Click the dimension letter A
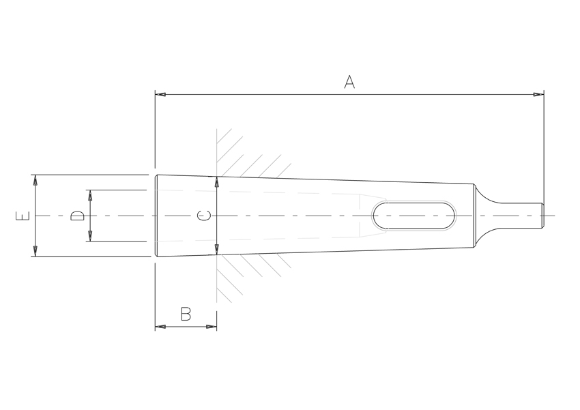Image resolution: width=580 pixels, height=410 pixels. (x=349, y=82)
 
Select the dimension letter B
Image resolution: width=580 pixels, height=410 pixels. (x=186, y=314)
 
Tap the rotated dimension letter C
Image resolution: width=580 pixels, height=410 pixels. (x=204, y=216)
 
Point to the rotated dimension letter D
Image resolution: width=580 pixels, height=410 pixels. (x=77, y=216)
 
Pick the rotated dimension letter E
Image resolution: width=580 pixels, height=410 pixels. (x=23, y=216)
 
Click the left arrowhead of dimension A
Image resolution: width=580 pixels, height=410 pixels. (x=160, y=95)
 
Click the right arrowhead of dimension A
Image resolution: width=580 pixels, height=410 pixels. (x=538, y=95)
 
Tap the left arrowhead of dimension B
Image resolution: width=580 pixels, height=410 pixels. (x=160, y=327)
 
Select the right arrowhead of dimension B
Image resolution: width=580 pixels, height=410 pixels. (x=212, y=327)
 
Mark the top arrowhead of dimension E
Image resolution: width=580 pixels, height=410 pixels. (x=35, y=180)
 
